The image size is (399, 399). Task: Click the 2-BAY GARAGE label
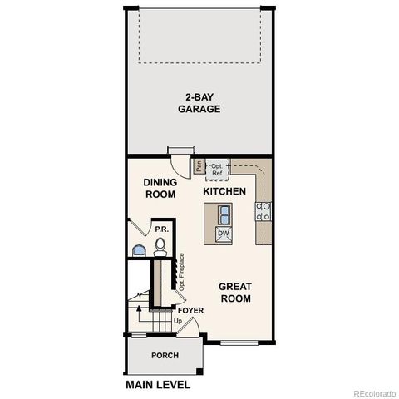199,103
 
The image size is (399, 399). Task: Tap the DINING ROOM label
160,188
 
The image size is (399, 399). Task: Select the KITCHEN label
224,191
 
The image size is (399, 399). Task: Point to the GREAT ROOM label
235,293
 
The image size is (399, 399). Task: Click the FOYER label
190,310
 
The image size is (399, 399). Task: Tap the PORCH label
165,355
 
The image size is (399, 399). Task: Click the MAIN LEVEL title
158,385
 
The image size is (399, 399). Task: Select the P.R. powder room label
162,229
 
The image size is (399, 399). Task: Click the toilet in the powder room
160,247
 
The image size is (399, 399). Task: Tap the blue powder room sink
139,250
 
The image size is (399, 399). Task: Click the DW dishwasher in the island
224,234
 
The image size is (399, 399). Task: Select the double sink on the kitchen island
224,215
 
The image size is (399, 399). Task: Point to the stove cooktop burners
264,211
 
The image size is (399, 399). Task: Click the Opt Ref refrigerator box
217,170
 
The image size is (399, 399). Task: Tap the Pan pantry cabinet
199,166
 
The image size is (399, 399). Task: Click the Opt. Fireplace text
182,272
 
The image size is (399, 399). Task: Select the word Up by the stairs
178,321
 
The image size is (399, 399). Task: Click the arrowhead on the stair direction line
139,308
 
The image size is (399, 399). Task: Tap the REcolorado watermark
375,393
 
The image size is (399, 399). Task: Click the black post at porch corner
199,372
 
